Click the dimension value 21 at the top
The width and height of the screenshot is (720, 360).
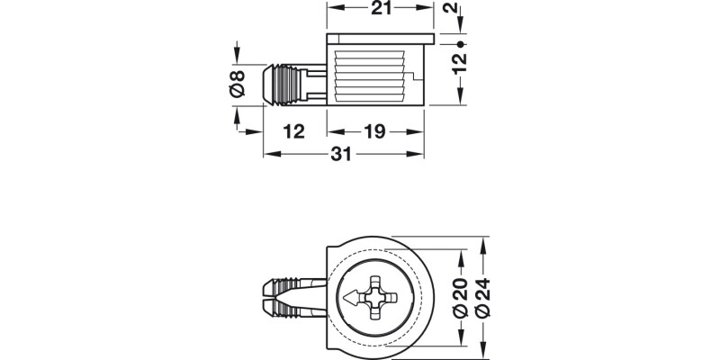[x=380, y=11]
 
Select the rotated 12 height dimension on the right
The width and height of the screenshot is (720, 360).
[x=459, y=61]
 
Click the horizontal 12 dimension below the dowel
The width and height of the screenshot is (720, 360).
[x=293, y=132]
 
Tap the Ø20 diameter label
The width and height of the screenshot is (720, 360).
[x=459, y=298]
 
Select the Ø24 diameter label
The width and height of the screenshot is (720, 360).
[x=485, y=298]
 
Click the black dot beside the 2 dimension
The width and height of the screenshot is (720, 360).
[x=459, y=43]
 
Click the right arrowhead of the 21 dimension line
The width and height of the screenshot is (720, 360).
[x=431, y=11]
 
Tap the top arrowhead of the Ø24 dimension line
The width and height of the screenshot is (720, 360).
[x=485, y=242]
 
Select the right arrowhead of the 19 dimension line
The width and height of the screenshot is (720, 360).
[x=418, y=132]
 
